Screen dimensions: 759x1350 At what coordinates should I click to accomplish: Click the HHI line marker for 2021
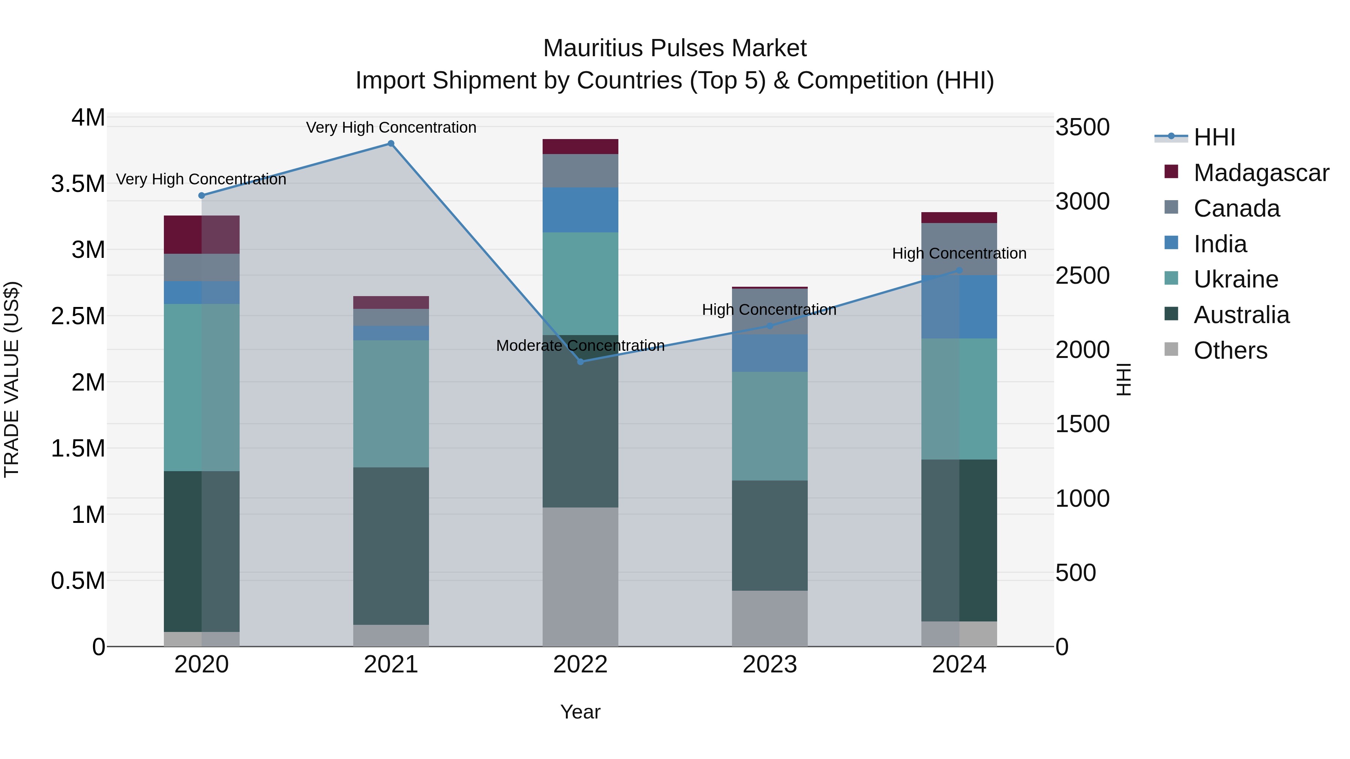(391, 144)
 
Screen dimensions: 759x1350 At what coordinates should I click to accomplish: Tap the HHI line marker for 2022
(580, 361)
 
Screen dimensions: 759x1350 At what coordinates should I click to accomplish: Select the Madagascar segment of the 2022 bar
(580, 147)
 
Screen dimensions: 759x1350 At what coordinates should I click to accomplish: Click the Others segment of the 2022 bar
(580, 576)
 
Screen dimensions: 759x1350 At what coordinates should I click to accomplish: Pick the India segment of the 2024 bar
(959, 307)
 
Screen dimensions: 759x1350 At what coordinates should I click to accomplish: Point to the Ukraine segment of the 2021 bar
(391, 403)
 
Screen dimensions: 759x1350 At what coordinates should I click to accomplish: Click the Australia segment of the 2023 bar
(769, 535)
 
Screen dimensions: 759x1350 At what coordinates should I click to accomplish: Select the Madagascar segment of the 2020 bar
(201, 235)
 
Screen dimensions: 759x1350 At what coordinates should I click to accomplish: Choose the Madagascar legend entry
(1261, 173)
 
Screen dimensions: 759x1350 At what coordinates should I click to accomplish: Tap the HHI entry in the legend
(1214, 137)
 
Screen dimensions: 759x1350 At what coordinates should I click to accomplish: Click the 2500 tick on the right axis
(1082, 275)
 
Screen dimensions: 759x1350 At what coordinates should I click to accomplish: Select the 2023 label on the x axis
(769, 665)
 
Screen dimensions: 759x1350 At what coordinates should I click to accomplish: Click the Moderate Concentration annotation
(580, 346)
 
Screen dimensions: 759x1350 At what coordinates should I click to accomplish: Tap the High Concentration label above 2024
(959, 253)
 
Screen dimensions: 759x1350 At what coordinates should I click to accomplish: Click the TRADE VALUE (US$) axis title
(12, 379)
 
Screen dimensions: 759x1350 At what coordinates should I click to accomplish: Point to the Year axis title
(580, 712)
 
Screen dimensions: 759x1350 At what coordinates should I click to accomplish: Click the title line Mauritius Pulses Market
(675, 48)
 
